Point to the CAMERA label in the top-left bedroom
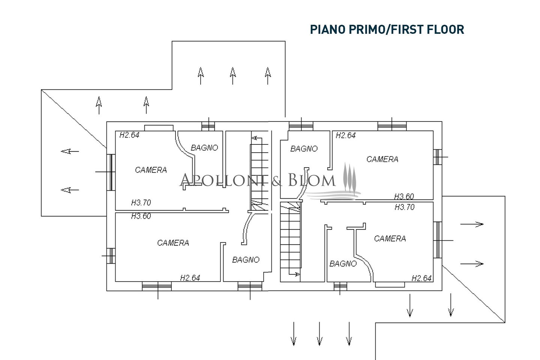151,170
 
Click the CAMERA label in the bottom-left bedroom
173,243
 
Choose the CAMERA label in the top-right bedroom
382,159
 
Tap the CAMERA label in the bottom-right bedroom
390,238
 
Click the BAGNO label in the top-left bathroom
204,148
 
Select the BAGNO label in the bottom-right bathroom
343,264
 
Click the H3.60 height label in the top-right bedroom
404,196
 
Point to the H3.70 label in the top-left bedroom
141,202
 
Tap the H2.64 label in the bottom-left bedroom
190,278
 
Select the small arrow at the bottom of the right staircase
294,274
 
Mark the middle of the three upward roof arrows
232,76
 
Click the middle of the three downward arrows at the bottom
319,334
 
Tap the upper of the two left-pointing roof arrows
70,151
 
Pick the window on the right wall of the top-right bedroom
438,157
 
